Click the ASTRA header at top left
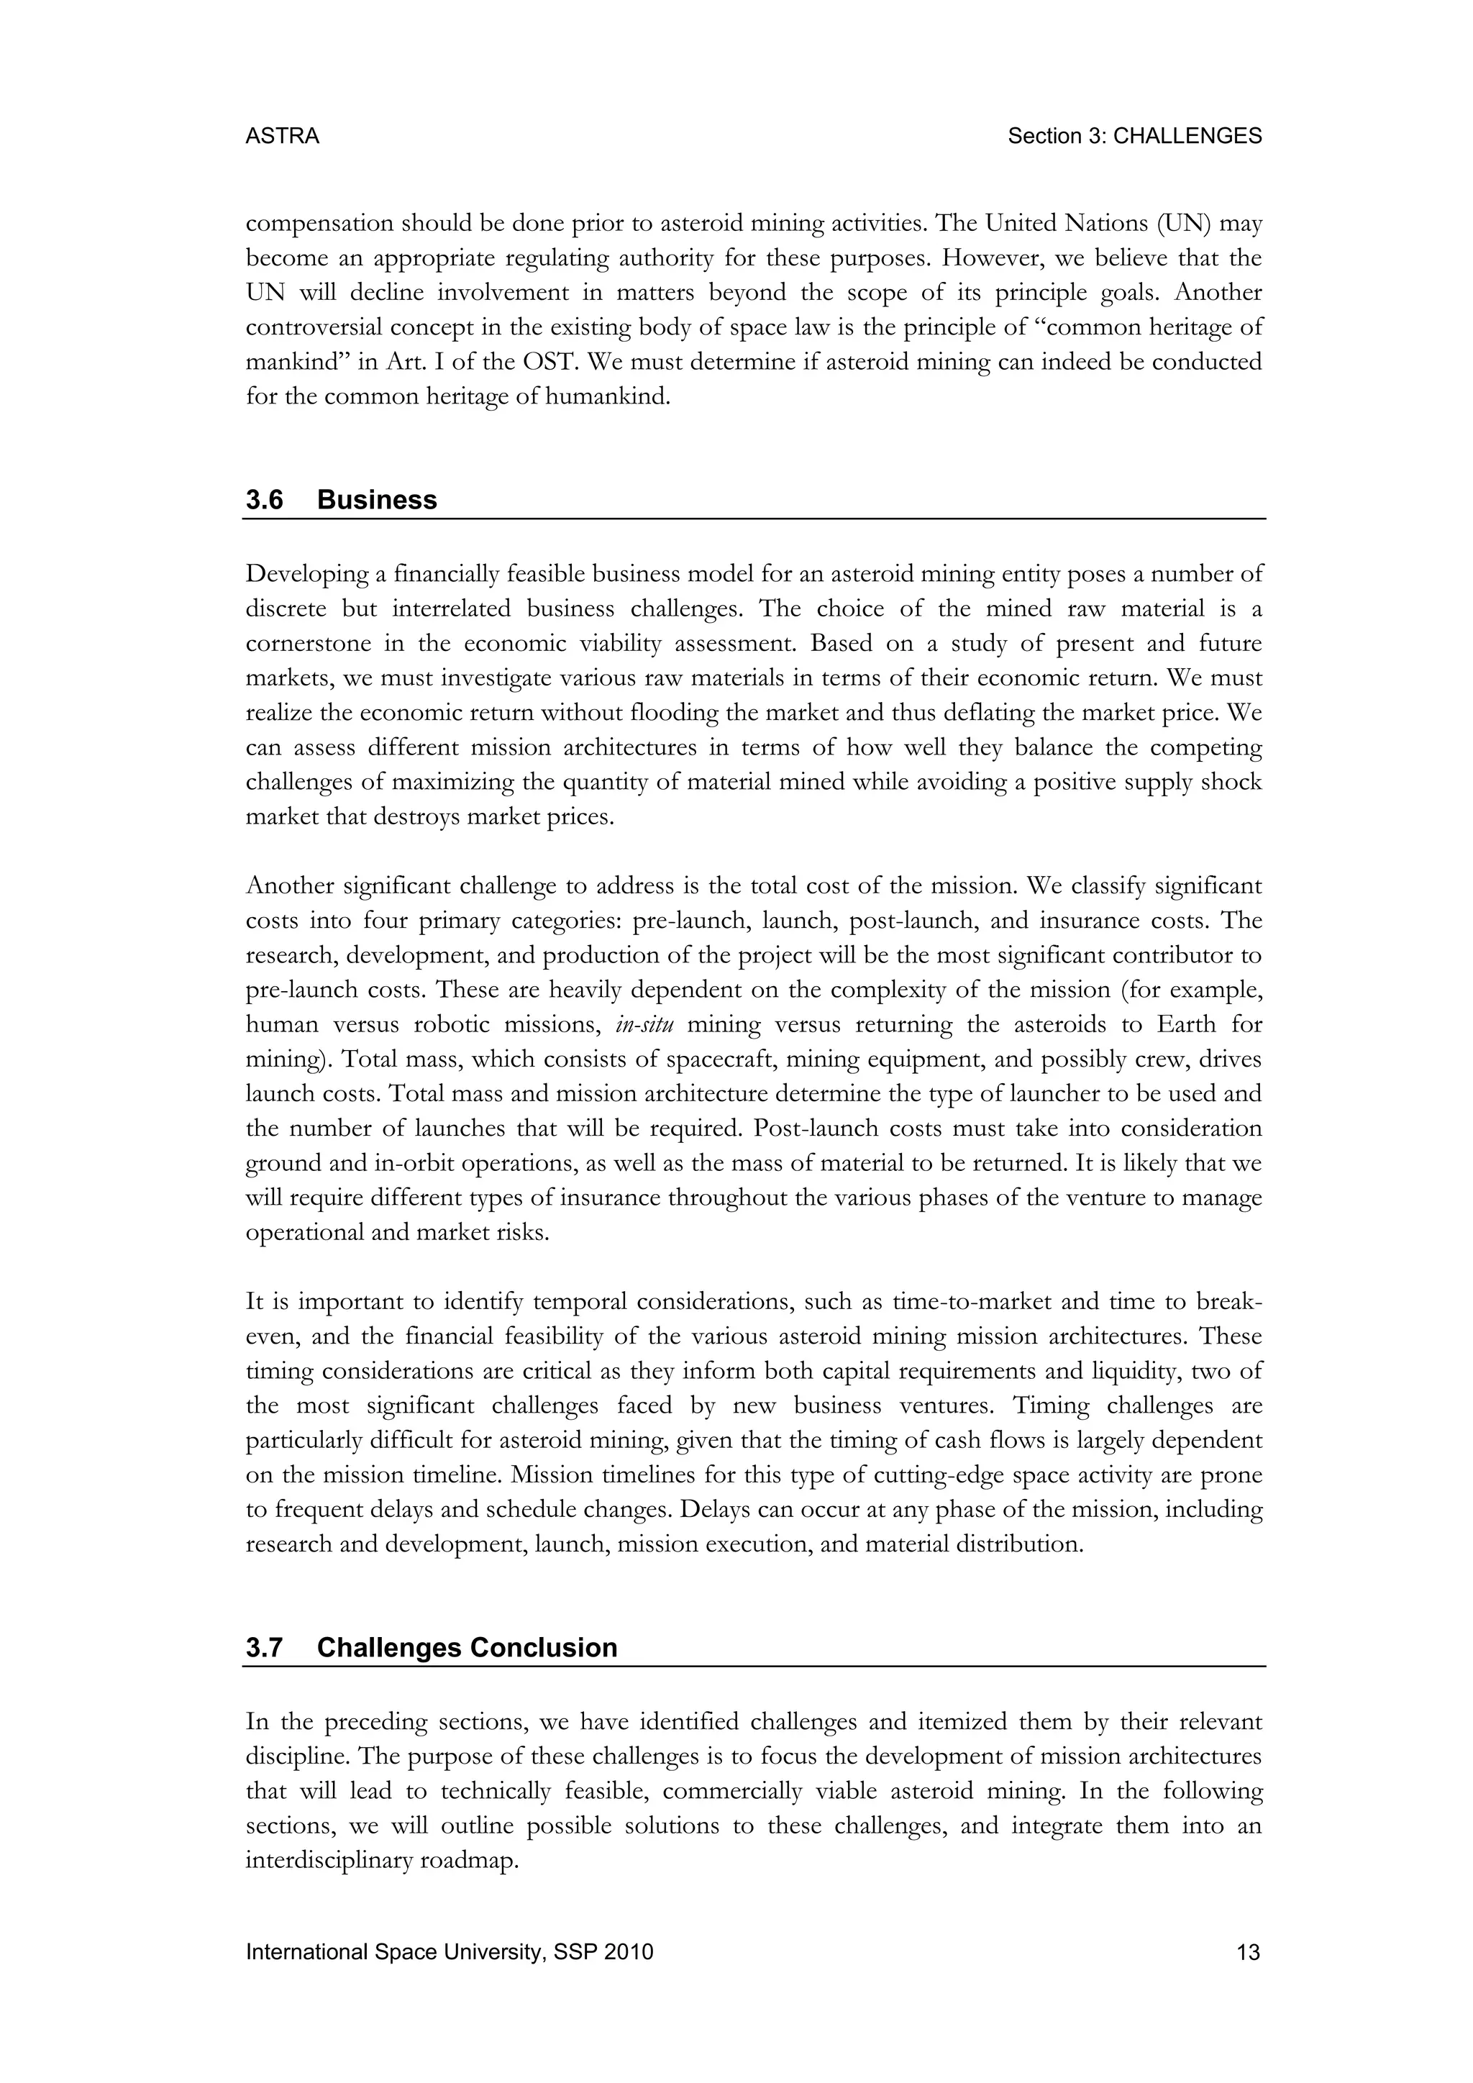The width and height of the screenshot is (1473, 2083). coord(282,136)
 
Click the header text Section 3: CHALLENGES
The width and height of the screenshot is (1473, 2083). coord(1135,136)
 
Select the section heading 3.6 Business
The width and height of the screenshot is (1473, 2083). coord(341,500)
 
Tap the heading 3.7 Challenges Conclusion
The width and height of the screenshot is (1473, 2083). coord(431,1648)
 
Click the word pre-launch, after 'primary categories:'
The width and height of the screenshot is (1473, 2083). coord(692,921)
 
